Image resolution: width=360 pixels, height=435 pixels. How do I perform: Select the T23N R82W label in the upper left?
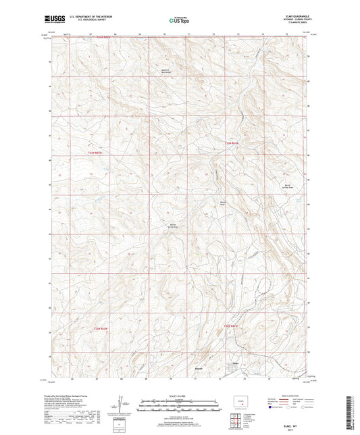click(99, 155)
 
